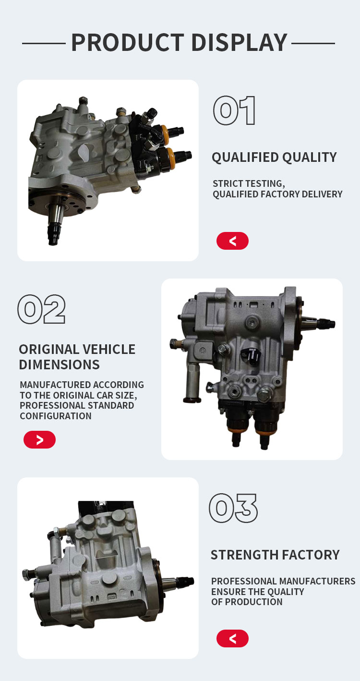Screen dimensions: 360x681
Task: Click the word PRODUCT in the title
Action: [128, 43]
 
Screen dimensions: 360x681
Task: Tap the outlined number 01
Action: [234, 110]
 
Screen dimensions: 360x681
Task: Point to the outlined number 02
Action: [41, 309]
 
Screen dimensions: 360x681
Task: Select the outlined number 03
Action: [233, 508]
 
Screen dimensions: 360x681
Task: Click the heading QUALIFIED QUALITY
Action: [275, 158]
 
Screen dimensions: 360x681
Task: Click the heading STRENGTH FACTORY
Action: [275, 555]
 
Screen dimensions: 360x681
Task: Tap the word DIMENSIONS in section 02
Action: [59, 365]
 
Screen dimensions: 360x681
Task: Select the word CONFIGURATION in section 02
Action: [56, 416]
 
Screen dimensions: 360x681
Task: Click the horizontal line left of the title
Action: [44, 44]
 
